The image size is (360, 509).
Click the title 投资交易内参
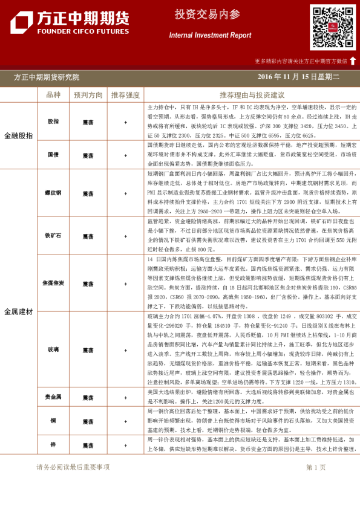(206, 14)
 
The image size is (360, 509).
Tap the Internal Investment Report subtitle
(210, 35)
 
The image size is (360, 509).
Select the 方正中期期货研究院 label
(47, 77)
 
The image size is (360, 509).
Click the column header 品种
(53, 95)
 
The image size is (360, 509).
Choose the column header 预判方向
(88, 95)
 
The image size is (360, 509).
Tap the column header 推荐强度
(125, 95)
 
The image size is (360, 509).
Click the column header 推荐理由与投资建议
(252, 95)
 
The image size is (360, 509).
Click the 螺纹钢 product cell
(53, 193)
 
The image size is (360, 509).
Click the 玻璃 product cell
(53, 350)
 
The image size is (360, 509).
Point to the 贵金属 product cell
(53, 397)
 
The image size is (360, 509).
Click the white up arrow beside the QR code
(353, 60)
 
